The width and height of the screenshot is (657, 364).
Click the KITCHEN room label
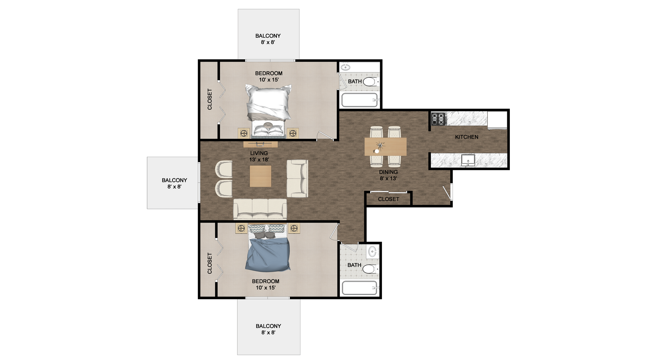[x=466, y=137]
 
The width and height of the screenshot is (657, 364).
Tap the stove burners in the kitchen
[x=439, y=119]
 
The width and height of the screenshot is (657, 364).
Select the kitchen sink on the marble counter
[x=468, y=160]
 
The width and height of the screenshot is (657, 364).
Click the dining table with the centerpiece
[x=385, y=147]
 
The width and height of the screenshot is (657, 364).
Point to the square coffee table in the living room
[x=260, y=176]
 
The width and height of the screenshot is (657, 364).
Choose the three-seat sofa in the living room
[x=260, y=209]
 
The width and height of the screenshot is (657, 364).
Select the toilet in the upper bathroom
[x=370, y=82]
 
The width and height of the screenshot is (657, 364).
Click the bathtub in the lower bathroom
[x=360, y=288]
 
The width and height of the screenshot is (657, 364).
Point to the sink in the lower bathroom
[x=372, y=252]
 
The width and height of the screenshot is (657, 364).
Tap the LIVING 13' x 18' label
[x=259, y=156]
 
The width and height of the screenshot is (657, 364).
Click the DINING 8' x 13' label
[x=388, y=175]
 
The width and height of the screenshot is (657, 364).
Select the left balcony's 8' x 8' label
[x=174, y=187]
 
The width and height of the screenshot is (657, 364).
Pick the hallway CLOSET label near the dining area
[x=388, y=199]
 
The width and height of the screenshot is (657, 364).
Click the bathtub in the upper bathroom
[x=360, y=100]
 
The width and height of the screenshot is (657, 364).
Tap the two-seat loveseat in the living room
[x=297, y=178]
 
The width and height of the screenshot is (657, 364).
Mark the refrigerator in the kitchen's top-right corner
[x=497, y=121]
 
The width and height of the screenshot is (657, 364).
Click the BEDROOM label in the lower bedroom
[x=266, y=281]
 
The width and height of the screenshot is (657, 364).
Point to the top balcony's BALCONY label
[x=268, y=36]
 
